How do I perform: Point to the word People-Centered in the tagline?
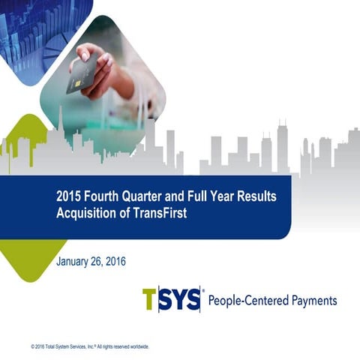(247, 301)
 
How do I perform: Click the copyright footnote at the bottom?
(90, 346)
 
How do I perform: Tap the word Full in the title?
(191, 196)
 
